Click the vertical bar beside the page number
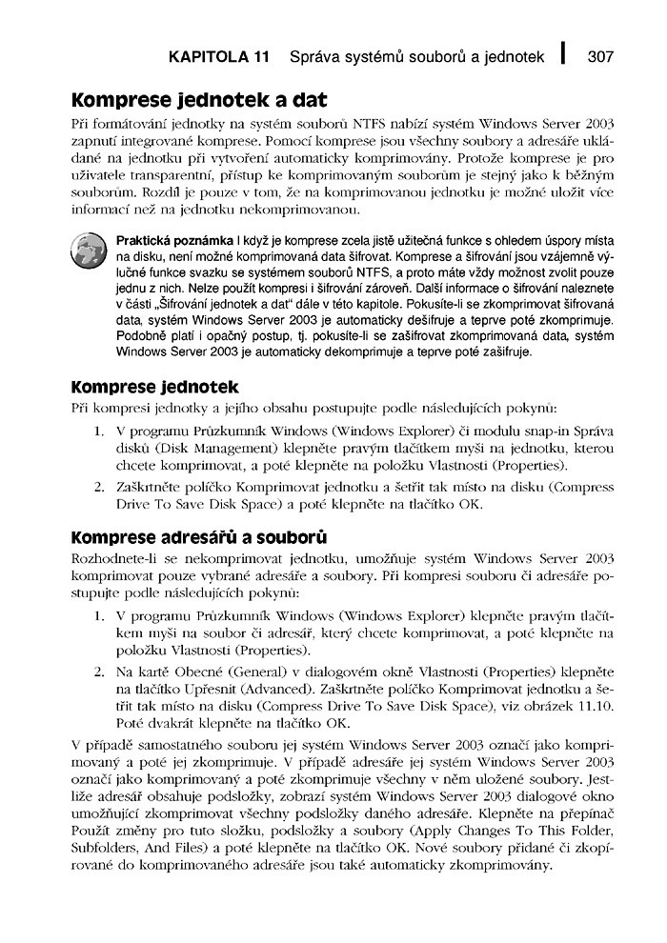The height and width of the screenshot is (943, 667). pos(565,54)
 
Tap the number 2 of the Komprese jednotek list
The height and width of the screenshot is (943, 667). pos(98,488)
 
